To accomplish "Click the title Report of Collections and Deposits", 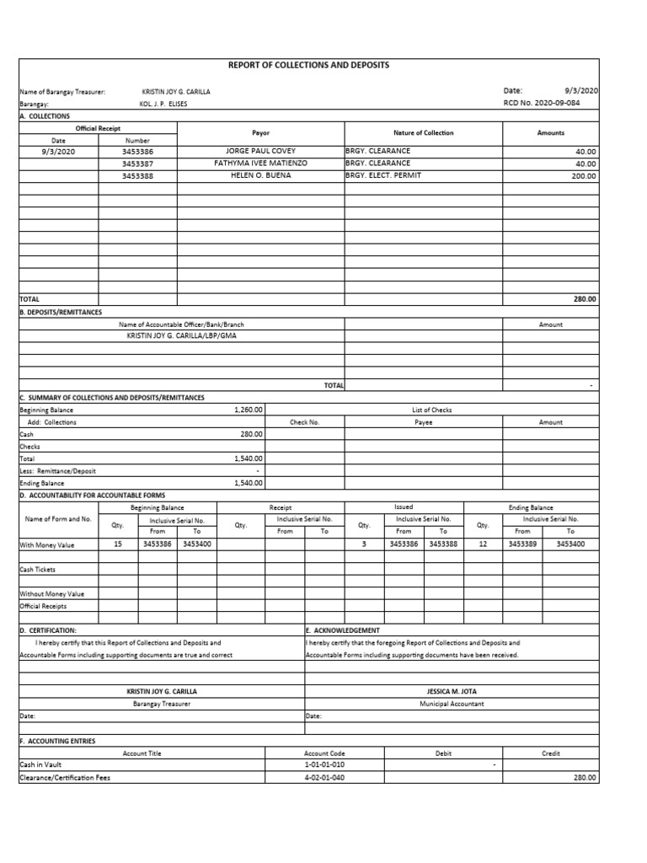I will click(309, 65).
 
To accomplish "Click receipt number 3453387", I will click(137, 163).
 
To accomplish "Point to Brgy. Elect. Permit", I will click(381, 175).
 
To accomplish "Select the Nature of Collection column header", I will click(423, 133).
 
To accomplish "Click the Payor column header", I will click(260, 133).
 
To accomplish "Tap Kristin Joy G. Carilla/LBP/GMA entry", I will click(181, 335).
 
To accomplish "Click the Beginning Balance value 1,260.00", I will click(249, 410).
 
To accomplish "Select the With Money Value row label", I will click(47, 545).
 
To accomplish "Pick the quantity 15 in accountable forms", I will click(118, 544).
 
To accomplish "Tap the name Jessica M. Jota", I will click(452, 691).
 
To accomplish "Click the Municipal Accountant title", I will click(452, 704).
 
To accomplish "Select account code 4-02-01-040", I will click(324, 778).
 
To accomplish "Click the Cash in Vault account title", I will click(42, 765).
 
